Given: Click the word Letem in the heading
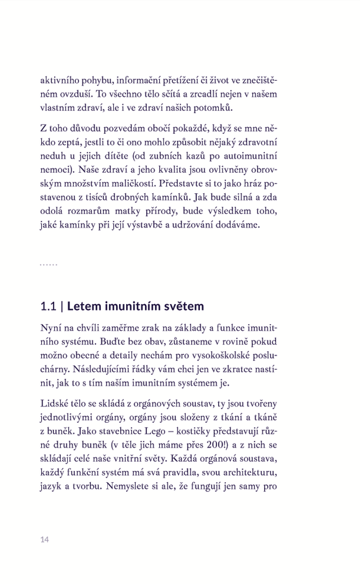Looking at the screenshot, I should point(84,307).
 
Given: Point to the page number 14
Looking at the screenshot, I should point(44,540).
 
